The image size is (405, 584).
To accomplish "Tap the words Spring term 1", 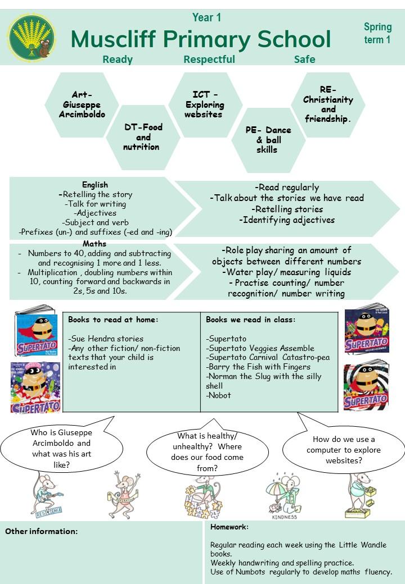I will point(377,33).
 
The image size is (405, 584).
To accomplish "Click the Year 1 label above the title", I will point(206,17).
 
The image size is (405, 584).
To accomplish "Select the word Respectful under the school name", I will point(209,59).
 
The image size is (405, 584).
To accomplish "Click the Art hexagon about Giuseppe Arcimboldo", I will point(82,104).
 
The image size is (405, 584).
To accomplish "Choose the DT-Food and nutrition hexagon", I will point(143,137).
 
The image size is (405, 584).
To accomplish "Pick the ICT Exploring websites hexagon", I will point(205,104).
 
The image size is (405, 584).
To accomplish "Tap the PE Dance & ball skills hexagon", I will point(268,140).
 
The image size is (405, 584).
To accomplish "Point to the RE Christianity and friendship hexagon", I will point(328,104).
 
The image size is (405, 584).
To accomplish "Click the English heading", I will point(95,185).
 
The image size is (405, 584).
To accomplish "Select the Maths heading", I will point(94,244).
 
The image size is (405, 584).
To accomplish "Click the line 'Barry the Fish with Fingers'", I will point(258,367).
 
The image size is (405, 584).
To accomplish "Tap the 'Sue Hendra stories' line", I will point(106,339).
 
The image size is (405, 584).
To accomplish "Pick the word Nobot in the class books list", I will point(219,395).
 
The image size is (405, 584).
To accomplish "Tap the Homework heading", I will point(229,527).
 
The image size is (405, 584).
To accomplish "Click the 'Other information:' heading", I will point(42,531).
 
